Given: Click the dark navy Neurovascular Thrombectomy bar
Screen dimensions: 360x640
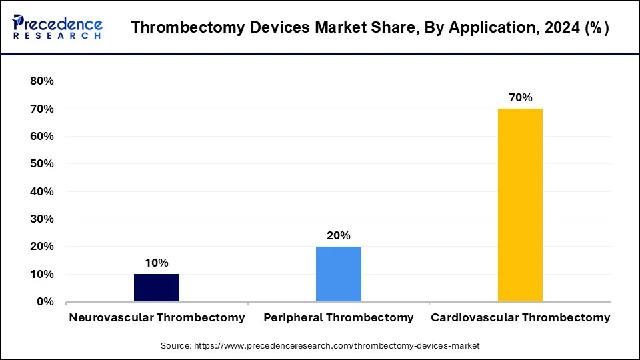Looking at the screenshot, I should point(157,287).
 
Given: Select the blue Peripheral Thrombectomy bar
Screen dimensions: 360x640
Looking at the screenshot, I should point(339,274).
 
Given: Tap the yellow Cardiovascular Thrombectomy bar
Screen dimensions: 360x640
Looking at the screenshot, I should point(520,205).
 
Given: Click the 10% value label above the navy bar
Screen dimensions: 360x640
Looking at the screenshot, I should point(157,263).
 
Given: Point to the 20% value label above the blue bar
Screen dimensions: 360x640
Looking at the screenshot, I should point(339,235).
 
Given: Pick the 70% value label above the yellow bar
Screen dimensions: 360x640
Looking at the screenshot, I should point(521,97).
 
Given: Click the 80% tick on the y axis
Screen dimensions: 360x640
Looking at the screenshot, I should point(42,81).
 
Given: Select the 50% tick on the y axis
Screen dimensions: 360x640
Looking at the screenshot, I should point(42,164).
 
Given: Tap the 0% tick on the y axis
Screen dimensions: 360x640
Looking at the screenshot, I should point(45,302).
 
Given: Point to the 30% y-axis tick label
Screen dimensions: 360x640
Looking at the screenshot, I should point(42,219).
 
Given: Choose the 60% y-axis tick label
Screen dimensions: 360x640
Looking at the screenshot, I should point(42,137).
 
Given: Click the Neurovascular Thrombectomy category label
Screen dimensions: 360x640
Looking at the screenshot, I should point(157,317).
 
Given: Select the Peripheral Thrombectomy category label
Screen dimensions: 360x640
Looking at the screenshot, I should point(339,317).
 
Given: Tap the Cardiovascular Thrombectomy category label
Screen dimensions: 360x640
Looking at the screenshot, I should point(521,317).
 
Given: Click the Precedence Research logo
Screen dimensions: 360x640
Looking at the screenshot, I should point(57,27).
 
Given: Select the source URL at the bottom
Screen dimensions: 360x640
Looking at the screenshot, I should point(320,346).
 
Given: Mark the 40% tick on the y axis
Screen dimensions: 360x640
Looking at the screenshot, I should point(42,192).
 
